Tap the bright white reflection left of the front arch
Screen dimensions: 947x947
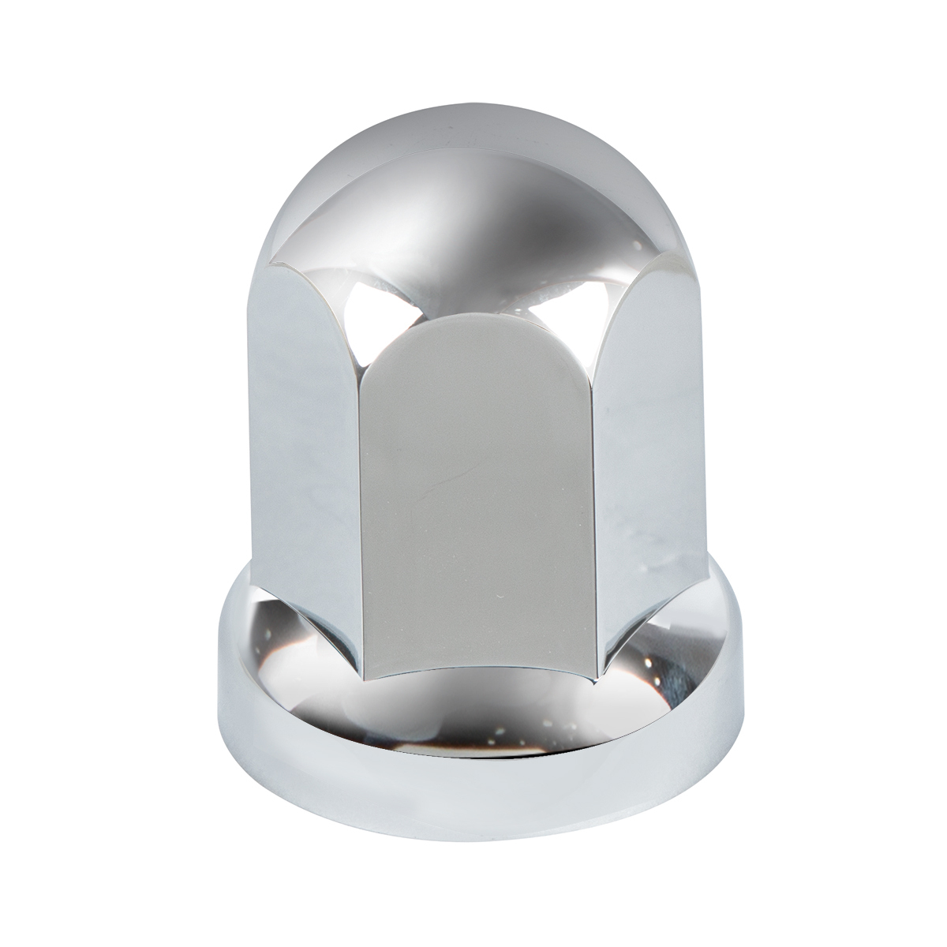(x=371, y=304)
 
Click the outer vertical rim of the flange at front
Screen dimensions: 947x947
(x=473, y=809)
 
